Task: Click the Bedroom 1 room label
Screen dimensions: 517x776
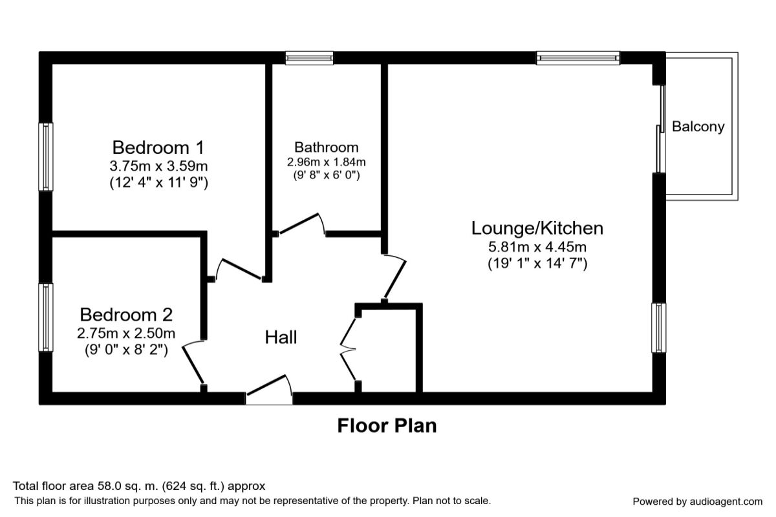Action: [158, 146]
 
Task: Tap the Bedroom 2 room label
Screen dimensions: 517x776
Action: [126, 315]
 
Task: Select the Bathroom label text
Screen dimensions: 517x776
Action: [326, 147]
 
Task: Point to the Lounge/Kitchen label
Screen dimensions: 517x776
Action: [537, 228]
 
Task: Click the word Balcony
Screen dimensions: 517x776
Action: [698, 127]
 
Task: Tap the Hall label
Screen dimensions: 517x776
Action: [281, 337]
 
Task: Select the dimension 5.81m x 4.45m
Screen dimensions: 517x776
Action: [537, 246]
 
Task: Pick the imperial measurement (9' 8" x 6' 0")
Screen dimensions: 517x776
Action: [326, 174]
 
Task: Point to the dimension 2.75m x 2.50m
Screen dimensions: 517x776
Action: [126, 333]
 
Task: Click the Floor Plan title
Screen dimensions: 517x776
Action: [387, 426]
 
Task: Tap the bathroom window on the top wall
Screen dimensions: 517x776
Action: [310, 58]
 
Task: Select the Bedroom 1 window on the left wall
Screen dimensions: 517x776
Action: [46, 157]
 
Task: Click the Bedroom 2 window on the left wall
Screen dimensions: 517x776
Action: [46, 317]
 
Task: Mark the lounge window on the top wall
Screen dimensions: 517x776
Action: [577, 58]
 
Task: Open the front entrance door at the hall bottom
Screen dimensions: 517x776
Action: [268, 391]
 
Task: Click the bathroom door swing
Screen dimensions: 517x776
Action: [301, 223]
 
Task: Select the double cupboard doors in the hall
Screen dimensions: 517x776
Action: [349, 349]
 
